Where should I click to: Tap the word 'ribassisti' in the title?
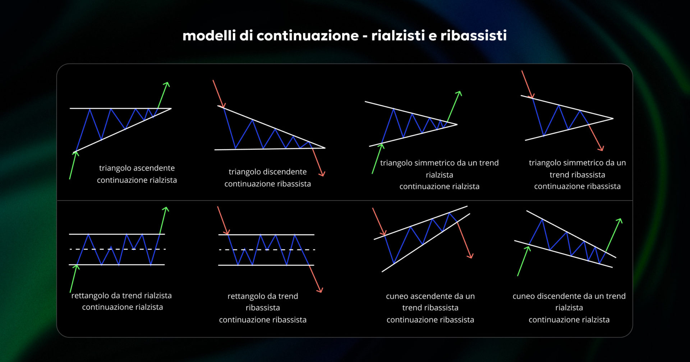[473, 36]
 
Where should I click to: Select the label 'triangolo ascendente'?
[137, 168]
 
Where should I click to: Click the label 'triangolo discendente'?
[267, 172]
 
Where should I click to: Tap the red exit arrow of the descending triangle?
[318, 162]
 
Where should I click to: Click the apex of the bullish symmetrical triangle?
[456, 125]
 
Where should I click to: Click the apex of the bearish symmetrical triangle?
[612, 118]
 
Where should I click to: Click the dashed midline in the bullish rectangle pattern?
[117, 249]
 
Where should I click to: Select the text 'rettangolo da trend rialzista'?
[121, 296]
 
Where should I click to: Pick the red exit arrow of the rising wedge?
[465, 240]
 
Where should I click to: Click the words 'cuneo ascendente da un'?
[430, 296]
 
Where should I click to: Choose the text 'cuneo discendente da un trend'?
[569, 296]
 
